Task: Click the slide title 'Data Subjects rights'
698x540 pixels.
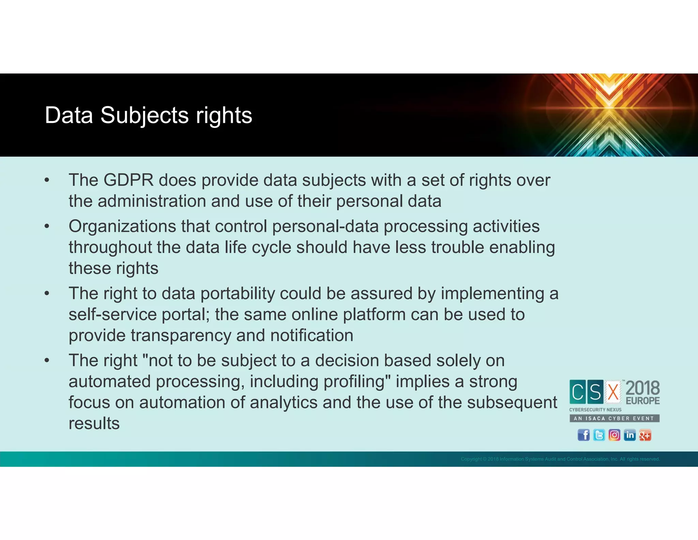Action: [x=148, y=115]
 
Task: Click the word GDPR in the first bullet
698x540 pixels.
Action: [x=128, y=180]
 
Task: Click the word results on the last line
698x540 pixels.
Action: [x=94, y=424]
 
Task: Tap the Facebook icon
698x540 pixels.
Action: [x=583, y=435]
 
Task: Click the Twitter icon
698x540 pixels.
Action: [x=599, y=435]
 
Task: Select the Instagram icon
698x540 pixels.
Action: [x=614, y=435]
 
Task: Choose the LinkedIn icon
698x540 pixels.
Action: [x=629, y=435]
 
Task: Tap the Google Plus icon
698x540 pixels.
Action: [x=645, y=435]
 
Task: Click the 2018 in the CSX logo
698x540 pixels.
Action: [x=642, y=388]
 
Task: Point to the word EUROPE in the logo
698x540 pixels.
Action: [x=642, y=400]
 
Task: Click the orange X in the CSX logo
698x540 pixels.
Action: [x=613, y=392]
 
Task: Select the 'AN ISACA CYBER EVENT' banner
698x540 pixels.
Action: [x=614, y=418]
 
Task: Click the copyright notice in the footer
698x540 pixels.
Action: [x=560, y=459]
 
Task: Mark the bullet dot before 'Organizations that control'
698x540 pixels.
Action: [x=47, y=226]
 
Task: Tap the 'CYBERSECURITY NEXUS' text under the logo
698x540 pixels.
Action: [x=595, y=410]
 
